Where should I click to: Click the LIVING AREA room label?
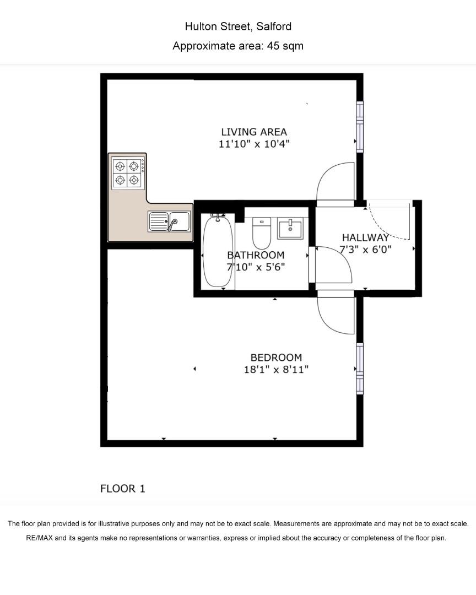point(254,132)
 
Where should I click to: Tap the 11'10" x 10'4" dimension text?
point(254,144)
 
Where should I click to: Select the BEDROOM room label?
point(277,358)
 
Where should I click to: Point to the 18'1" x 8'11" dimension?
point(276,370)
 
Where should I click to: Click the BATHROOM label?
point(256,255)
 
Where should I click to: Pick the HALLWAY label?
point(366,237)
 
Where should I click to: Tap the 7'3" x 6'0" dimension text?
point(366,250)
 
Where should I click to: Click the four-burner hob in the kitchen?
point(128,173)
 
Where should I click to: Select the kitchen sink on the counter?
point(169,221)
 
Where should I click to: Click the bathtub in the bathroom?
point(218,251)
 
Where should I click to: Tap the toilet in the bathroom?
point(262,233)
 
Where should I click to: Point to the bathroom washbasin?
point(290,228)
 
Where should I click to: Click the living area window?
point(360,127)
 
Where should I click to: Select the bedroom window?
point(360,369)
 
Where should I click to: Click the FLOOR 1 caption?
point(123,489)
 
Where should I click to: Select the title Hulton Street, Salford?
point(238,26)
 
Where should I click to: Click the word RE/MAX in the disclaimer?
point(40,538)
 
